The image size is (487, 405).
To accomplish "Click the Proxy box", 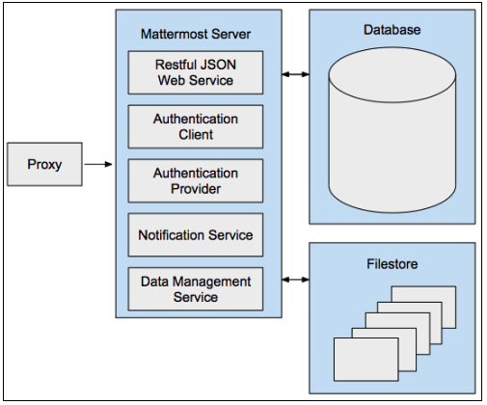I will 45,165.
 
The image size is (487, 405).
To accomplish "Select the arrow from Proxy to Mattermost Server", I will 98,165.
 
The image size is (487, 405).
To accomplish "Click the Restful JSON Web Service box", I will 196,72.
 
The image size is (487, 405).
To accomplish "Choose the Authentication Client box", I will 196,127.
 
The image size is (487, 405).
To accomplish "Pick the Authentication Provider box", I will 196,180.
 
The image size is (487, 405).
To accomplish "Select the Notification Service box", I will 196,234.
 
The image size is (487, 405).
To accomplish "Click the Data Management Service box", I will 196,288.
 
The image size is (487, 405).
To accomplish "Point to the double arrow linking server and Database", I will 295,72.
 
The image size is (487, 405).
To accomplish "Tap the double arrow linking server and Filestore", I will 295,281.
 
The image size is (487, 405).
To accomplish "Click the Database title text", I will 392,30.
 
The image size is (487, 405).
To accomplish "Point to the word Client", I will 196,135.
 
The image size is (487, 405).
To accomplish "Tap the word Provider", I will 196,189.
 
